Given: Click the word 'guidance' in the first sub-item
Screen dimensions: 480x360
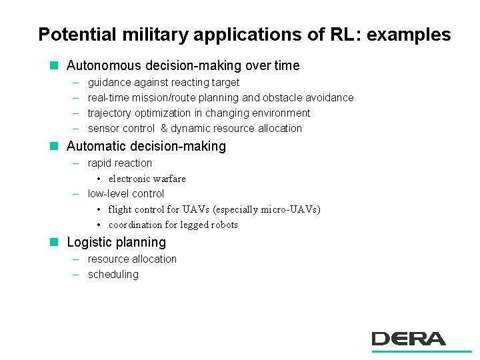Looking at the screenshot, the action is pyautogui.click(x=109, y=83).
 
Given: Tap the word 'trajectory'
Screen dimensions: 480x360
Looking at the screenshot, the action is pyautogui.click(x=109, y=113).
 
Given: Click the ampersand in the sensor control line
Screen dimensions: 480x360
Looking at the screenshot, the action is pyautogui.click(x=164, y=129).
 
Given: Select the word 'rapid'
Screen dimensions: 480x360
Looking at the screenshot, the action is pyautogui.click(x=100, y=163).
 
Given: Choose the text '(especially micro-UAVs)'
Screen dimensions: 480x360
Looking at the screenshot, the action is pyautogui.click(x=267, y=209).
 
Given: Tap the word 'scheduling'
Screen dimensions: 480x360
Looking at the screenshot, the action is pyautogui.click(x=113, y=275).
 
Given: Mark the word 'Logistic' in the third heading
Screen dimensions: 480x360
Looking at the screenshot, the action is pyautogui.click(x=89, y=243).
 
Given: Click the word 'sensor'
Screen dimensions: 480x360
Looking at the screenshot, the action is pyautogui.click(x=103, y=129).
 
